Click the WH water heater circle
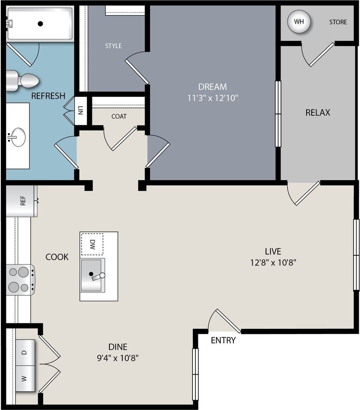[299, 21]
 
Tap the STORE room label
[338, 22]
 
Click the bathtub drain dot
[40, 24]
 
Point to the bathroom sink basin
[18, 137]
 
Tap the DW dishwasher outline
[92, 244]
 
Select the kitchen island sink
[93, 275]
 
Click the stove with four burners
[21, 280]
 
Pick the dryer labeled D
[25, 352]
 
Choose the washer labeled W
[25, 379]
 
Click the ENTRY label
[223, 340]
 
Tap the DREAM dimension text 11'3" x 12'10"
[212, 98]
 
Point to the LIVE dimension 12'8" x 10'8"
[273, 262]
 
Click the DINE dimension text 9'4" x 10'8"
[118, 358]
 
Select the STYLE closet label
[113, 46]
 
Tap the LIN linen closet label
[80, 110]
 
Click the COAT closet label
[119, 116]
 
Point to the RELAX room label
[318, 113]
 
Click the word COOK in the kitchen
[57, 257]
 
